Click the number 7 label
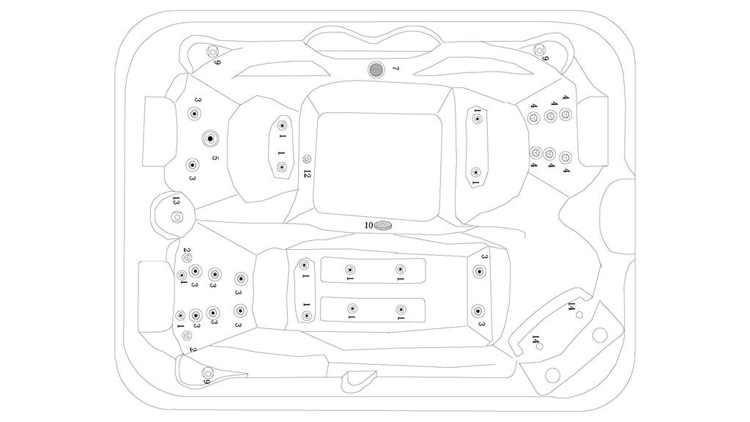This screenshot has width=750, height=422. coord(396,69)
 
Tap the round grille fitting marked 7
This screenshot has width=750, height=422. coord(376,70)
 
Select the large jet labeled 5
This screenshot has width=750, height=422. coord(210,138)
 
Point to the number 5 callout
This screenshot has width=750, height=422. coord(215,158)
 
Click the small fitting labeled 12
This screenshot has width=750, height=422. coord(308,159)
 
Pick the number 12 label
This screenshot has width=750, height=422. coord(308,174)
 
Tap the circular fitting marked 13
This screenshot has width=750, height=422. coord(177,217)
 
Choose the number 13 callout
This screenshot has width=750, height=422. coord(177,200)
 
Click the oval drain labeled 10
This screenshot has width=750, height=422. coord(383,226)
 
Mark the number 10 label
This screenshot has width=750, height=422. coord(369,225)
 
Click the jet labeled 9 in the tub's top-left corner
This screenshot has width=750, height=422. coord(212,51)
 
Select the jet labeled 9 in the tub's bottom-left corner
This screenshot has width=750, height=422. coord(207,372)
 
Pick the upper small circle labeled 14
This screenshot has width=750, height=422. coord(579,314)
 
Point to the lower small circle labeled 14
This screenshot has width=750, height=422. coord(540,347)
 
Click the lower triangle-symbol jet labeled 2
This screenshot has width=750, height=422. coord(187,335)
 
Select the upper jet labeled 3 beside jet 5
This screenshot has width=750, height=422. coord(194,114)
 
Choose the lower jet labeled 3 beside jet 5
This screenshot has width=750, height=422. coord(192,165)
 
